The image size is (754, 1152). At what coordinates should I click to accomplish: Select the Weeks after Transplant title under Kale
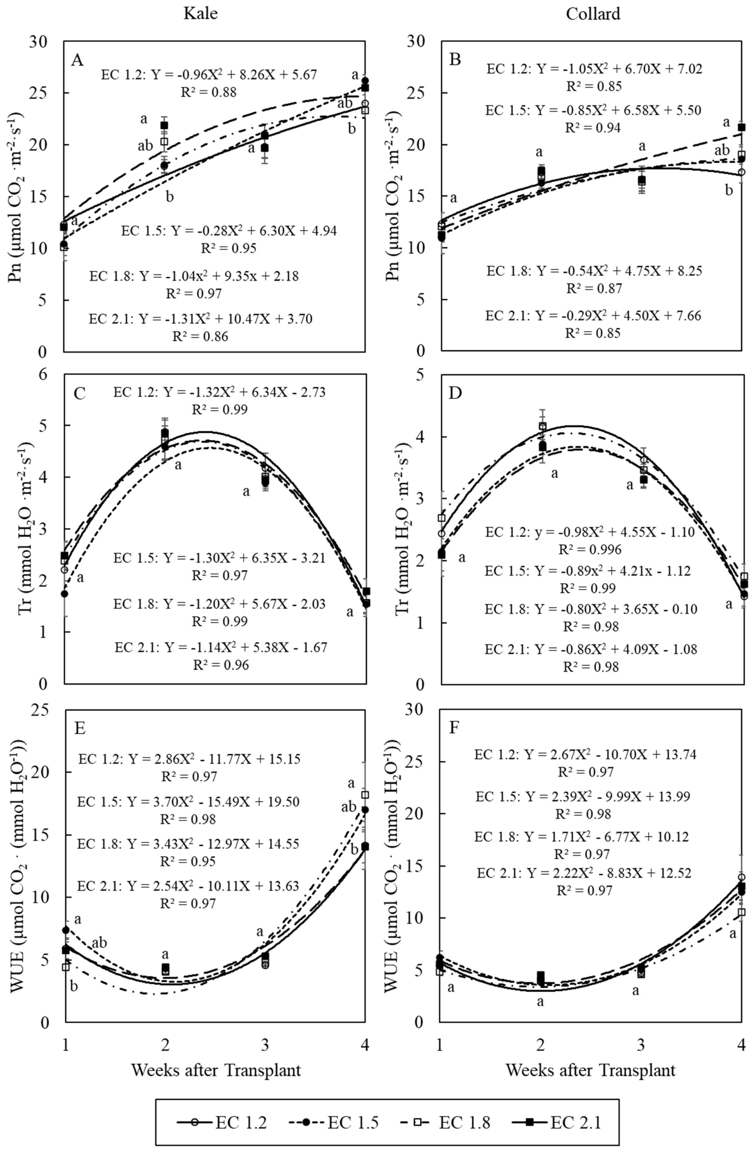(x=216, y=1070)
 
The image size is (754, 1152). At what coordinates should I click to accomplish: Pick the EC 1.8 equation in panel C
(x=219, y=604)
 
